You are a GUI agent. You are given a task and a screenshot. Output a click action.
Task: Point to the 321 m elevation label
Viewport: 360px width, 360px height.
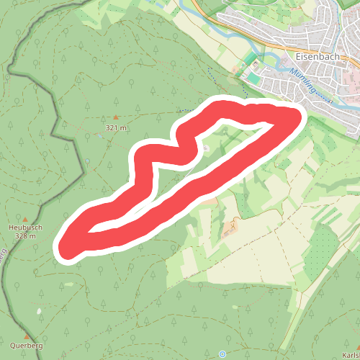(115, 127)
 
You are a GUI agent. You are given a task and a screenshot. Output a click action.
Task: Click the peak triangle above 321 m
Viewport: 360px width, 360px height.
(115, 117)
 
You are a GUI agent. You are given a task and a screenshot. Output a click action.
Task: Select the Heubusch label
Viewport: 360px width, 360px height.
(24, 227)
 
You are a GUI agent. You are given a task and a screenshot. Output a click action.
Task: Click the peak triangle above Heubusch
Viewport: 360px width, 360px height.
(25, 218)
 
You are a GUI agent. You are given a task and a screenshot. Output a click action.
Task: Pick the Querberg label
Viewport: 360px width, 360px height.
(27, 346)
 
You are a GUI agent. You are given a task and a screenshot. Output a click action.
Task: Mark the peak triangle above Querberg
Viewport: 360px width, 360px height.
(27, 336)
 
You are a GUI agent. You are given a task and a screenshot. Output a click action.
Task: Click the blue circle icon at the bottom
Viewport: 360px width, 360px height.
(222, 354)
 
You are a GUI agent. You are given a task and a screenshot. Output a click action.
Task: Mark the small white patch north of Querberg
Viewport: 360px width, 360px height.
(39, 311)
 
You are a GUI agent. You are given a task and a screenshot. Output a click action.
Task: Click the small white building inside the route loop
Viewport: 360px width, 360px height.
(207, 148)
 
